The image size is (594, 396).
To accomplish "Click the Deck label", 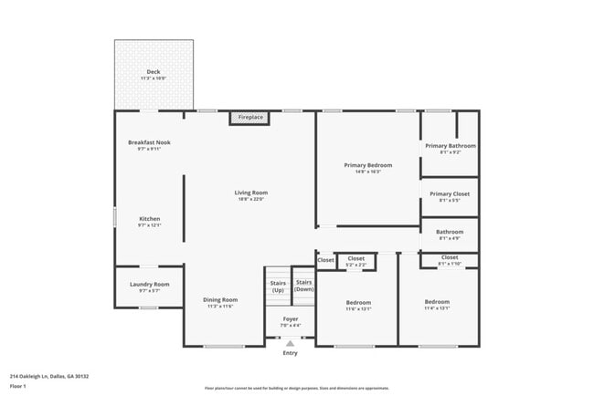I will [x=154, y=73].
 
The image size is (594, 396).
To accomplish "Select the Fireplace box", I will [x=249, y=118].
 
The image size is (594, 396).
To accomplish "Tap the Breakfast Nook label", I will [x=149, y=142].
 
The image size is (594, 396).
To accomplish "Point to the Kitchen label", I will [x=149, y=219].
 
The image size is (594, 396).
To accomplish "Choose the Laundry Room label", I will [x=149, y=285].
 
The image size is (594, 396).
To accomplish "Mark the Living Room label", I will [x=250, y=193].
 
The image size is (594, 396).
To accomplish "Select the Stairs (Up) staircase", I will [x=278, y=286].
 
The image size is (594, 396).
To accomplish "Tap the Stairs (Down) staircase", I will [x=303, y=286].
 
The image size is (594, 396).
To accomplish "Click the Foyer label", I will [x=290, y=320].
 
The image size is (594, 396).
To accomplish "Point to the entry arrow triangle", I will [x=290, y=343].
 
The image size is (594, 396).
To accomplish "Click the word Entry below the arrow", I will [x=290, y=353].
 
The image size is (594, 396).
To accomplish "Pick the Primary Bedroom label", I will [x=367, y=165].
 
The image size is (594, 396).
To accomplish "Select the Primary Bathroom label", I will [x=450, y=146].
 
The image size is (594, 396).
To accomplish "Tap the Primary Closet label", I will [x=450, y=193].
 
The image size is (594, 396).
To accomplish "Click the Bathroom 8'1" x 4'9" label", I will [x=450, y=233].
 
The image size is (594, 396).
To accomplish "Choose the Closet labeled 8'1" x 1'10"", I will [x=450, y=259].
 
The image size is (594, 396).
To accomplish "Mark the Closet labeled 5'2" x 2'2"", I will [x=356, y=260].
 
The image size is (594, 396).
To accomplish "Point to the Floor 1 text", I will [x=18, y=386].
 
